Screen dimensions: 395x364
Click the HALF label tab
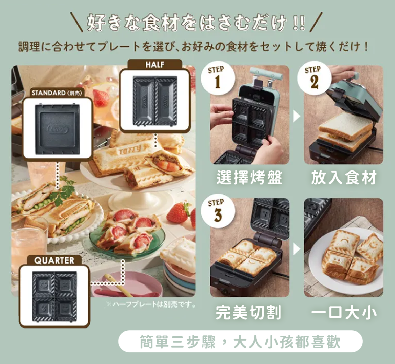pyautogui.click(x=155, y=65)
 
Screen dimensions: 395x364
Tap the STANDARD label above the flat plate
pyautogui.click(x=57, y=93)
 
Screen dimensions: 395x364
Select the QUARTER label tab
pyautogui.click(x=54, y=261)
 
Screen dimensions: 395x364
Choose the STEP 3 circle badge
pyautogui.click(x=218, y=211)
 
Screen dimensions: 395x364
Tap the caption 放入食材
pyautogui.click(x=344, y=177)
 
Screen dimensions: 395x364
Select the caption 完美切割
pyautogui.click(x=249, y=312)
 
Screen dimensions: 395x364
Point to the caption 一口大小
pyautogui.click(x=344, y=312)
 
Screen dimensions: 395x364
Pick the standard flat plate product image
pyautogui.click(x=57, y=129)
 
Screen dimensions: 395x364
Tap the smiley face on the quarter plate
pyautogui.click(x=42, y=285)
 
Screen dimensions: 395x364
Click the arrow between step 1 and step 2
pyautogui.click(x=296, y=116)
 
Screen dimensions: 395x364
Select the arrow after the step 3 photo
pyautogui.click(x=296, y=249)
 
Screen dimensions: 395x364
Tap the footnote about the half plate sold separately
pyautogui.click(x=151, y=304)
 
